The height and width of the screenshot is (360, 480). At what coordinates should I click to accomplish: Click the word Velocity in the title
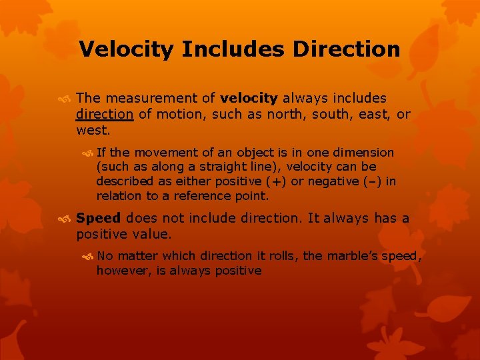coord(126,49)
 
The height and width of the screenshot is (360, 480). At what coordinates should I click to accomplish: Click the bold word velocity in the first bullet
coord(249,98)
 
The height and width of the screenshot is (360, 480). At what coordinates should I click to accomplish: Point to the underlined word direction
coord(105,114)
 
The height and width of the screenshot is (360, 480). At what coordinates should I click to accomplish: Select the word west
coord(93,129)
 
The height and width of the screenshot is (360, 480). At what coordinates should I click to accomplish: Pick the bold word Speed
coord(99,218)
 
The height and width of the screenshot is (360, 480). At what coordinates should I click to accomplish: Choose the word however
coord(120,270)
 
